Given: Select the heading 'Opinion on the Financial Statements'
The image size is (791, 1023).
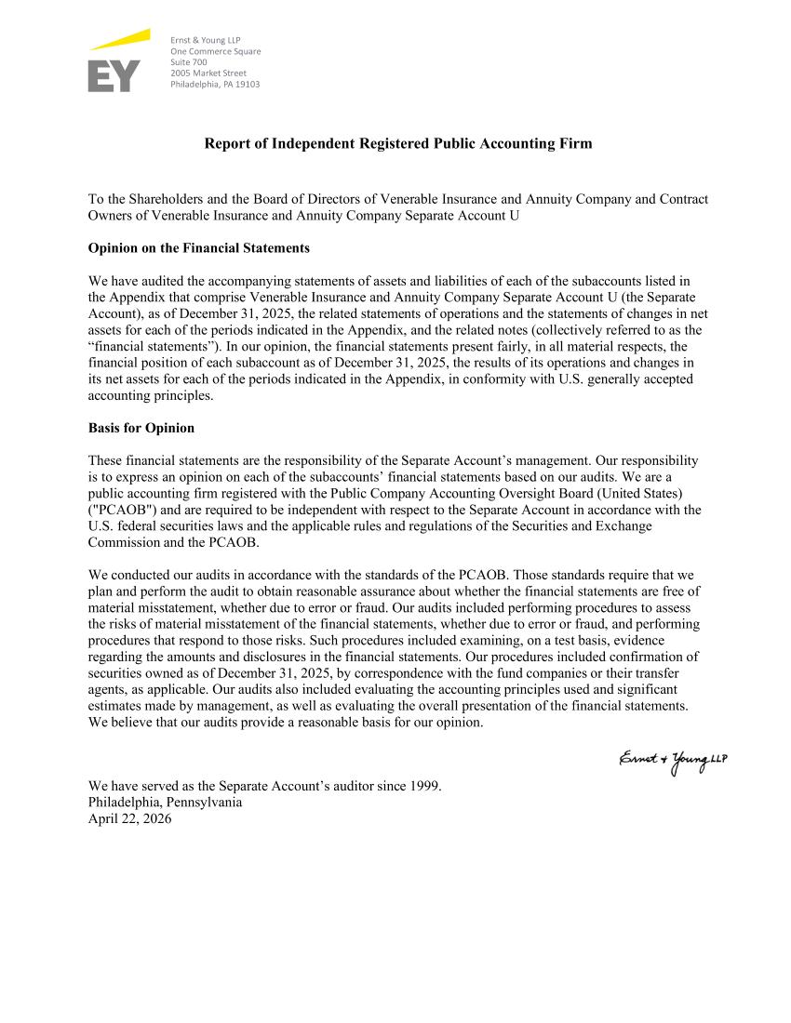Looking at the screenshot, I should [x=198, y=249].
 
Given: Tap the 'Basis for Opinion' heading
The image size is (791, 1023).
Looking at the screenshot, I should [x=141, y=428].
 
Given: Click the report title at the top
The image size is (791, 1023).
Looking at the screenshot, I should [x=397, y=144].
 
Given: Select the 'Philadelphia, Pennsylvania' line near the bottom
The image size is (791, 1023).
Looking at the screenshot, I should [x=165, y=803].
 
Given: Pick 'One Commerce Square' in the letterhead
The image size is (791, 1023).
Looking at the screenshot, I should [x=215, y=50].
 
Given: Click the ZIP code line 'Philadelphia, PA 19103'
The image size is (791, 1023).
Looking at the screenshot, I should [x=215, y=84].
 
